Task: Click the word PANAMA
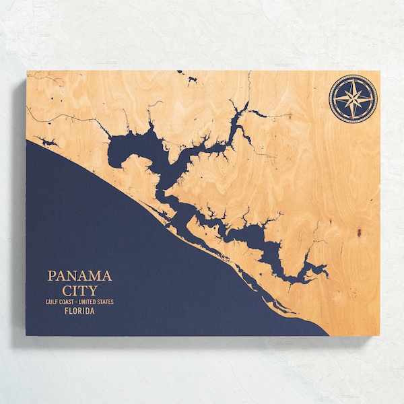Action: click(79, 276)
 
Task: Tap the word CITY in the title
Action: click(79, 291)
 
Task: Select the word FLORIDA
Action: click(79, 312)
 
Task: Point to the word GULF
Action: click(53, 302)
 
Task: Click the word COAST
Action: click(69, 302)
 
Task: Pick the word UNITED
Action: click(91, 302)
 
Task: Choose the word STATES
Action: click(106, 302)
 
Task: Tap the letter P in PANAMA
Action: click(51, 276)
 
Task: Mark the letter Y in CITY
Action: click(93, 291)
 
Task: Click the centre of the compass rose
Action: click(353, 99)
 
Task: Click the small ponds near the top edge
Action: click(190, 79)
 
